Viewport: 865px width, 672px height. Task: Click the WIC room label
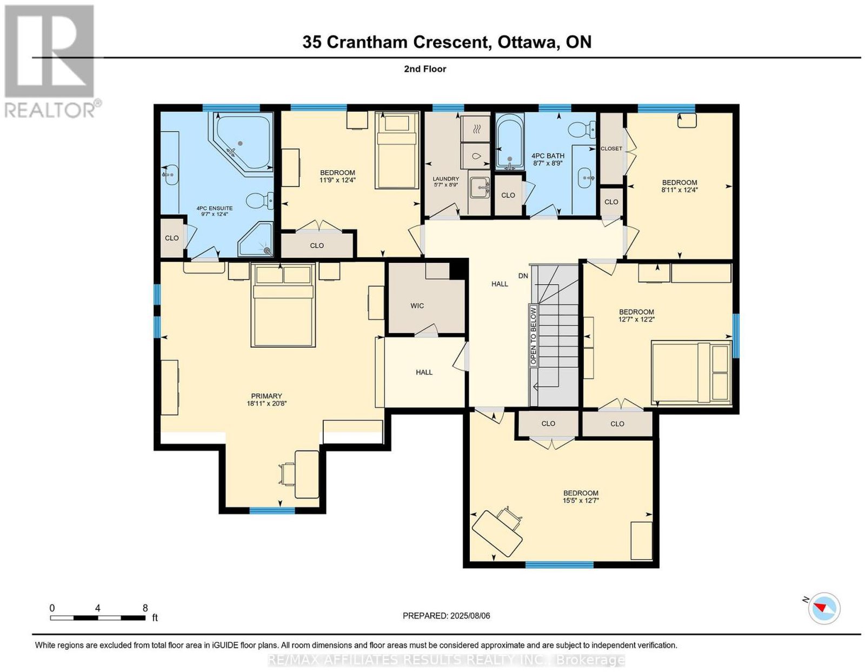tap(417, 305)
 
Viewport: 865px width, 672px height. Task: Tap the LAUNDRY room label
tap(446, 182)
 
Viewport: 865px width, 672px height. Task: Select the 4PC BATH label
tap(548, 159)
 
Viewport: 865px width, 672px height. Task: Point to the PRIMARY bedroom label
tap(267, 400)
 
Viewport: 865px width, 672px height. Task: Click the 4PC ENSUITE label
tap(214, 211)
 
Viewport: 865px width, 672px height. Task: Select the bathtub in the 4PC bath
tap(510, 141)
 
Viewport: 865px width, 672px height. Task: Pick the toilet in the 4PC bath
tap(581, 129)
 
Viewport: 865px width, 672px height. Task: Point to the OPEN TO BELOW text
tap(534, 335)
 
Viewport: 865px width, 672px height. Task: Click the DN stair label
tap(523, 275)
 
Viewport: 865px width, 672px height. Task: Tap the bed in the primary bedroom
tap(283, 305)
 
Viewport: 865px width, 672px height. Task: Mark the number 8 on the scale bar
tap(145, 608)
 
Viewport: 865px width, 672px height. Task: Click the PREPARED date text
tap(446, 616)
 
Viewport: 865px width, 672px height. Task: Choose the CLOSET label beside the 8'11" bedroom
tap(611, 149)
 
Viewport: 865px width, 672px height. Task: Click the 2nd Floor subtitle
tap(425, 69)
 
